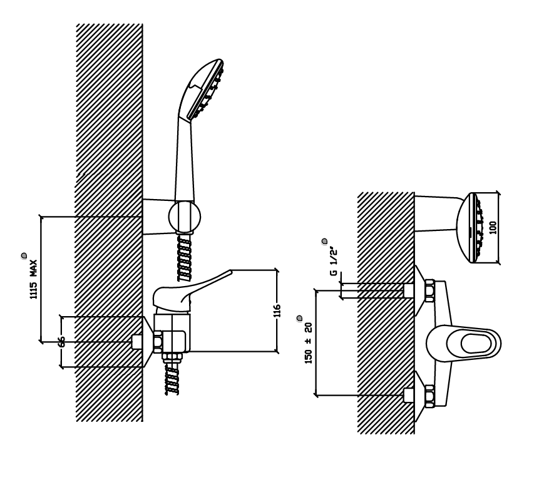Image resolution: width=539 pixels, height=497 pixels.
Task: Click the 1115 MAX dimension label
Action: (33, 279)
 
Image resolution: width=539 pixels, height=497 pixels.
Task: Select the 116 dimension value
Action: (277, 310)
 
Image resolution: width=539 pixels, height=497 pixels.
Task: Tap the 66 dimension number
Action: (61, 342)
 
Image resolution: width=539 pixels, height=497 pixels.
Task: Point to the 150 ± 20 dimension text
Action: (309, 343)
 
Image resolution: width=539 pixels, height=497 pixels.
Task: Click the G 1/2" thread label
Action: (333, 261)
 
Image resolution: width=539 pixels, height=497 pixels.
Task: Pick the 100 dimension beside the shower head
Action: (493, 228)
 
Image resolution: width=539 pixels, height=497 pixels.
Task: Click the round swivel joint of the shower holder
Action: (185, 217)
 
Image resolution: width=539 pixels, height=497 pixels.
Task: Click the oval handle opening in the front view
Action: (474, 344)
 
